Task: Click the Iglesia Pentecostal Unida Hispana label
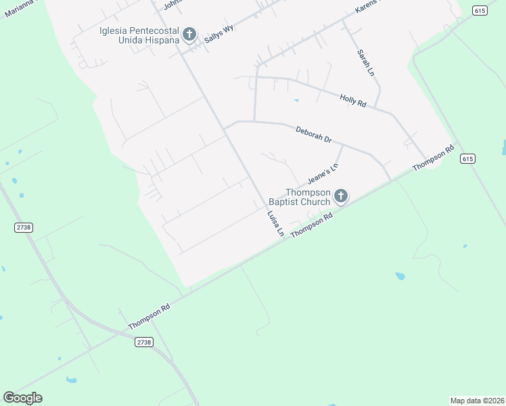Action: click(139, 35)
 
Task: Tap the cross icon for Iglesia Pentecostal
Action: click(189, 34)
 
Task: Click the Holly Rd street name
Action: click(352, 100)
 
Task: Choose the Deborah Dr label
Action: click(313, 134)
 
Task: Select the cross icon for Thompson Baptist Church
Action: click(341, 196)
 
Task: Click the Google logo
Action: click(22, 398)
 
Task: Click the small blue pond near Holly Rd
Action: click(296, 101)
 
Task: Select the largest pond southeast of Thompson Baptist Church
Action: click(400, 276)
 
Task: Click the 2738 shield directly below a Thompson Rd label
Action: click(143, 342)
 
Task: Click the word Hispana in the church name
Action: click(161, 40)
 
